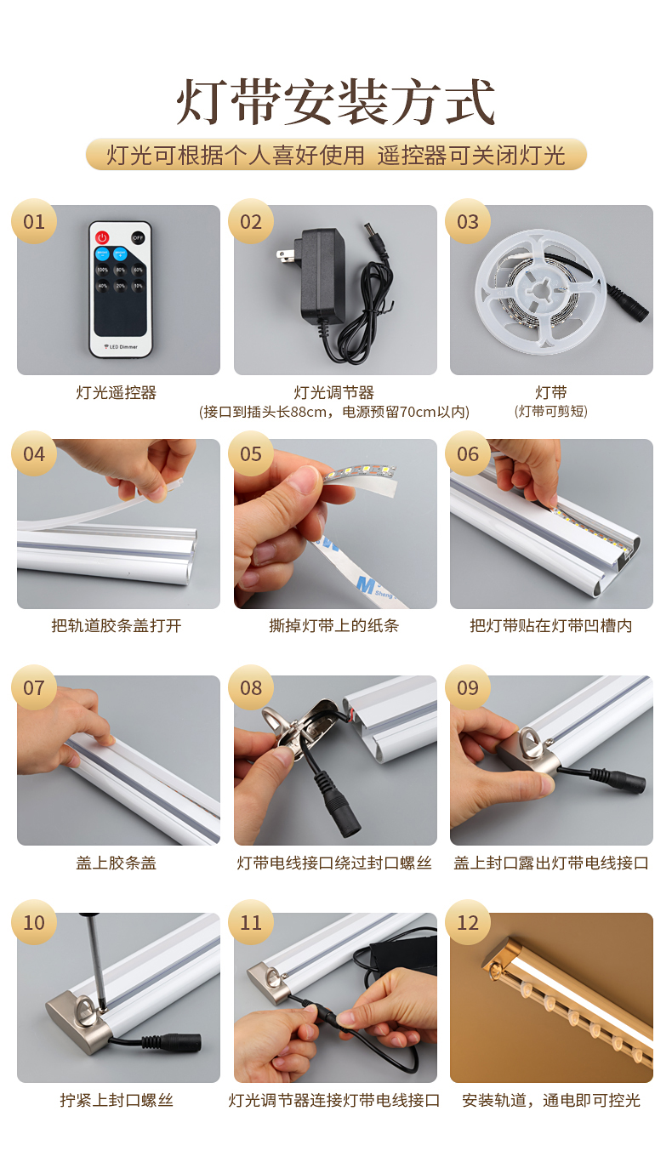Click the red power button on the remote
(x=103, y=237)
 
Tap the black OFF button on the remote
(x=138, y=237)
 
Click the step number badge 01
(x=34, y=222)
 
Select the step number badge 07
(x=34, y=687)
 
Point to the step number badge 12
(x=468, y=923)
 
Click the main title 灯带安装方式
(x=336, y=103)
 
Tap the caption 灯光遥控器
(x=117, y=392)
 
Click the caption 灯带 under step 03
(x=550, y=392)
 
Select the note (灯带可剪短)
(x=550, y=412)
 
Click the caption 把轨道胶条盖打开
(x=117, y=626)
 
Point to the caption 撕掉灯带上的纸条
(x=334, y=626)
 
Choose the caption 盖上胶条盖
(x=117, y=863)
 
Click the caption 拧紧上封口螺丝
(x=117, y=1100)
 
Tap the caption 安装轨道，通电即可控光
(x=550, y=1100)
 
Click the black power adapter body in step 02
(x=316, y=272)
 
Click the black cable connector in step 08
(x=340, y=808)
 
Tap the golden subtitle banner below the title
(x=336, y=155)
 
